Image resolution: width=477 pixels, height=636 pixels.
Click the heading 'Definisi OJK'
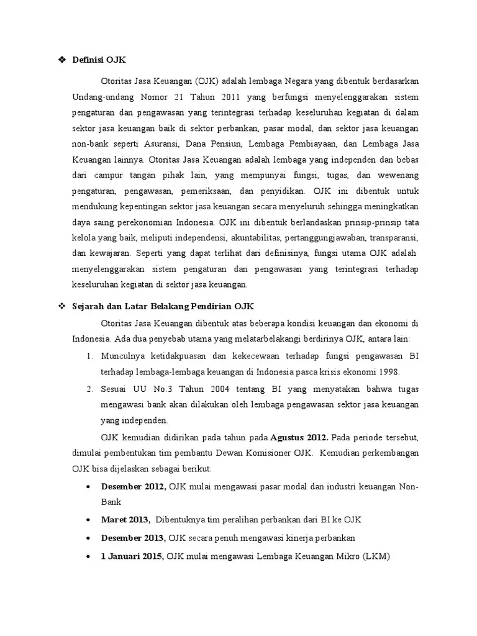99,60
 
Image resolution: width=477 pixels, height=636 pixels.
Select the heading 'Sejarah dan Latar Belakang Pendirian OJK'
163,306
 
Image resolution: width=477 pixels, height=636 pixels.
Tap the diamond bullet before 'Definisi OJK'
61,60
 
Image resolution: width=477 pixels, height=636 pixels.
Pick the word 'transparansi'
393,238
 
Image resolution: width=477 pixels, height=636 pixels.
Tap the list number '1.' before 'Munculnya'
89,356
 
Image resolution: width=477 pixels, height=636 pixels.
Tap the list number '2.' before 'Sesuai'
89,389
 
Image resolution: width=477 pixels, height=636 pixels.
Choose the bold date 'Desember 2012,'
134,486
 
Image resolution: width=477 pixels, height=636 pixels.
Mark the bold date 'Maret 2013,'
126,519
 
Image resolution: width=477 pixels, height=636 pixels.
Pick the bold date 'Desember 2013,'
134,537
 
